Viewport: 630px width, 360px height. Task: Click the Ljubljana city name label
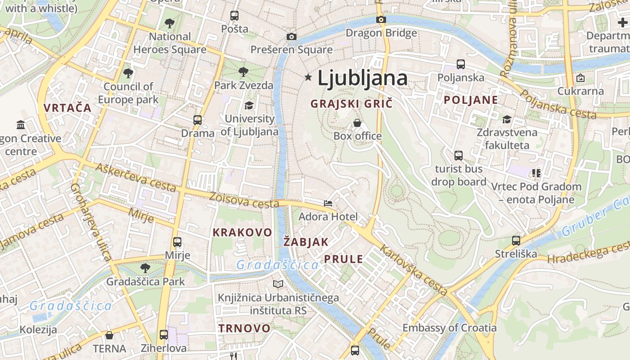pyautogui.click(x=362, y=78)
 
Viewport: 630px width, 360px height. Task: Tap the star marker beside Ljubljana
pyautogui.click(x=308, y=77)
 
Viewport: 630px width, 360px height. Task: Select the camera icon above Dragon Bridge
pyautogui.click(x=381, y=19)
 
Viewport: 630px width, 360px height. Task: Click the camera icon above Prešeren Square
pyautogui.click(x=291, y=36)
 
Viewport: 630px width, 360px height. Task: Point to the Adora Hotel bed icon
pyautogui.click(x=328, y=203)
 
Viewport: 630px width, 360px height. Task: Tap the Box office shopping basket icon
pyautogui.click(x=357, y=122)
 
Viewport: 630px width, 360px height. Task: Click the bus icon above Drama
pyautogui.click(x=198, y=120)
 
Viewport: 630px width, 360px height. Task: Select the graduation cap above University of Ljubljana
pyautogui.click(x=249, y=105)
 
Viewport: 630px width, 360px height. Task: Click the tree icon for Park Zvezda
pyautogui.click(x=243, y=72)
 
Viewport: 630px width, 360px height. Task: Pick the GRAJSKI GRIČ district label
pyautogui.click(x=351, y=103)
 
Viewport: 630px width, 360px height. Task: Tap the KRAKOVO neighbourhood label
pyautogui.click(x=242, y=232)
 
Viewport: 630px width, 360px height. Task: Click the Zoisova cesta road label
pyautogui.click(x=244, y=201)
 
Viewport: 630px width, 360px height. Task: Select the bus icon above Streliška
pyautogui.click(x=516, y=240)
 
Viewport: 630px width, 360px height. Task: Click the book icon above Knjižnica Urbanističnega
pyautogui.click(x=278, y=284)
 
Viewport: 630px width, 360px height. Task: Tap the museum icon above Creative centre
pyautogui.click(x=21, y=125)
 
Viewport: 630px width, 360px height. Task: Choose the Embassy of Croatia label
pyautogui.click(x=449, y=328)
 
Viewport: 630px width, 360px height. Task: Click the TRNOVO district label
pyautogui.click(x=244, y=328)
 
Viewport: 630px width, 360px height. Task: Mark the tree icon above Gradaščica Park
pyautogui.click(x=145, y=268)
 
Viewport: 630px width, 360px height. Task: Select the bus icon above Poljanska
pyautogui.click(x=461, y=64)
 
